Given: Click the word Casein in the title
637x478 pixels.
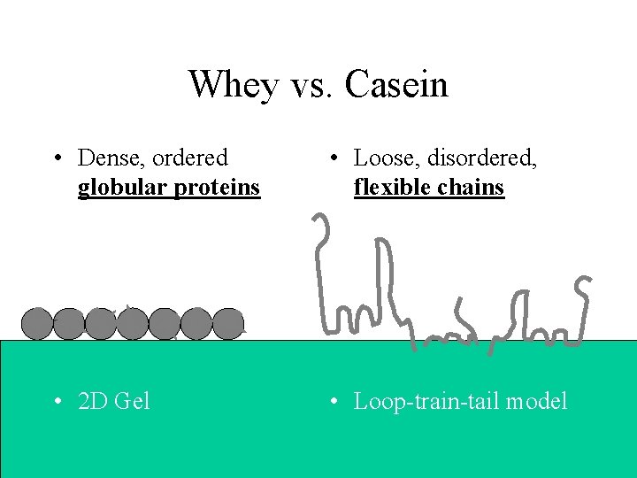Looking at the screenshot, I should click(397, 85).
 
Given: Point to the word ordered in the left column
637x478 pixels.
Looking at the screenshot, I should click(190, 158).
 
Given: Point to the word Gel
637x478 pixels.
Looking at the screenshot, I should click(133, 401).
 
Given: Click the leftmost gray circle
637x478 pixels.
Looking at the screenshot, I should click(36, 324).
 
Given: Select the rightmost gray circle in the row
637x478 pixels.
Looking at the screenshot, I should click(228, 324).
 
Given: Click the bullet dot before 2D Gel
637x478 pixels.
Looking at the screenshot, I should click(57, 402).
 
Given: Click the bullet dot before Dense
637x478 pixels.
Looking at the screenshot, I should click(57, 158).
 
